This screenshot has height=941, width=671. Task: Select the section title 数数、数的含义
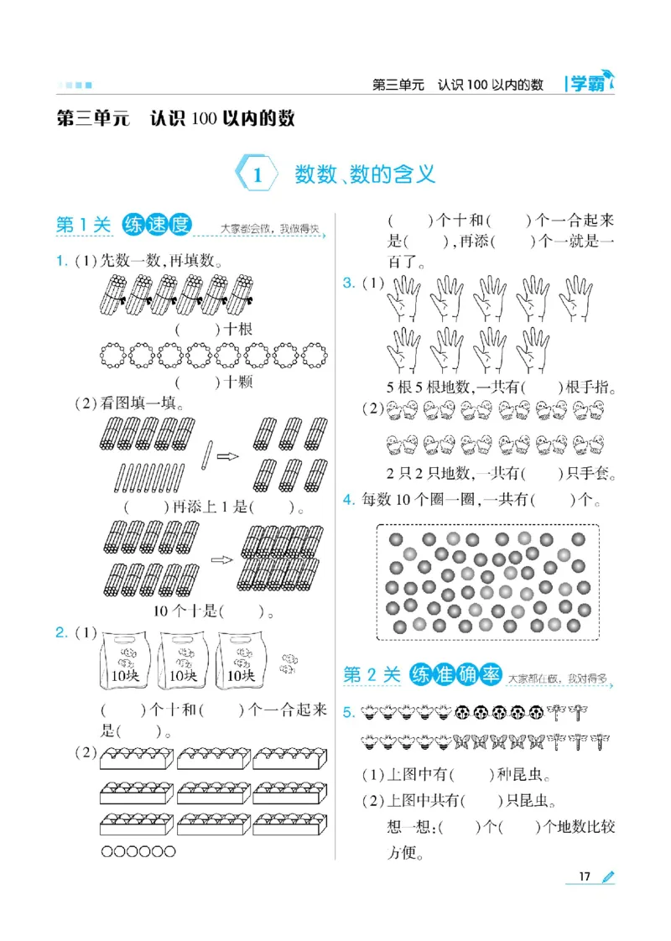pyautogui.click(x=365, y=174)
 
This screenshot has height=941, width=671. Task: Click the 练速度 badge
pyautogui.click(x=157, y=225)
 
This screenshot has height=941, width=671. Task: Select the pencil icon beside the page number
pyautogui.click(x=607, y=876)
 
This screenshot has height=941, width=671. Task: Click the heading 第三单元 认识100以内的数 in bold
pyautogui.click(x=175, y=119)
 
